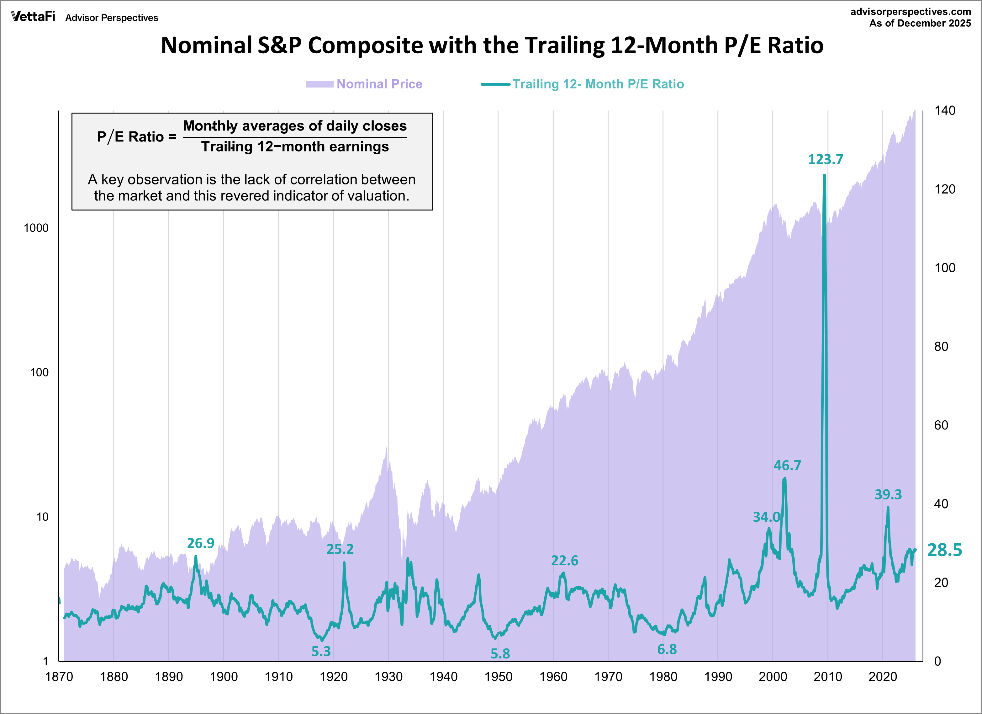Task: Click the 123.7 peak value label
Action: click(x=825, y=159)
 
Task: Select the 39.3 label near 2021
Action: click(x=888, y=494)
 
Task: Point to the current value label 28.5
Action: click(x=944, y=550)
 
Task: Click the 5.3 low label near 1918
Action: click(x=321, y=651)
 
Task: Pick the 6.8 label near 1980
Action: click(x=667, y=649)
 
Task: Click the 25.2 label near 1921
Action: click(x=340, y=549)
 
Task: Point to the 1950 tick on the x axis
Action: click(x=498, y=676)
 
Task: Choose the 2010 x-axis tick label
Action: click(x=827, y=676)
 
